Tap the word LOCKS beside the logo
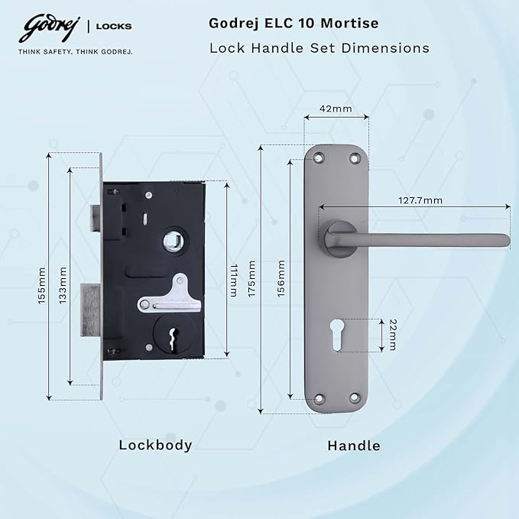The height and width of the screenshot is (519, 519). (114, 26)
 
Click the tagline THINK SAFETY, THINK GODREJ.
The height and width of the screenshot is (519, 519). (76, 52)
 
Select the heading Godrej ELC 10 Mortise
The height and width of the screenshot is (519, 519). (294, 24)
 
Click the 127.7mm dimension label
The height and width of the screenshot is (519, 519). (420, 200)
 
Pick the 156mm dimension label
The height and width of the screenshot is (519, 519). (281, 280)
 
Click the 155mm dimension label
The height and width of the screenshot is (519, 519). (42, 285)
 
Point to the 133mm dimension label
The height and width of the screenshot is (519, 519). (63, 285)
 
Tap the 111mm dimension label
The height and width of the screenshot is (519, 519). (234, 280)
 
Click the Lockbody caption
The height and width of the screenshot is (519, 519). (155, 445)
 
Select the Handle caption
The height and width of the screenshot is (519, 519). (354, 445)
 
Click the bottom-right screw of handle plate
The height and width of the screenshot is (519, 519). (355, 398)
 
